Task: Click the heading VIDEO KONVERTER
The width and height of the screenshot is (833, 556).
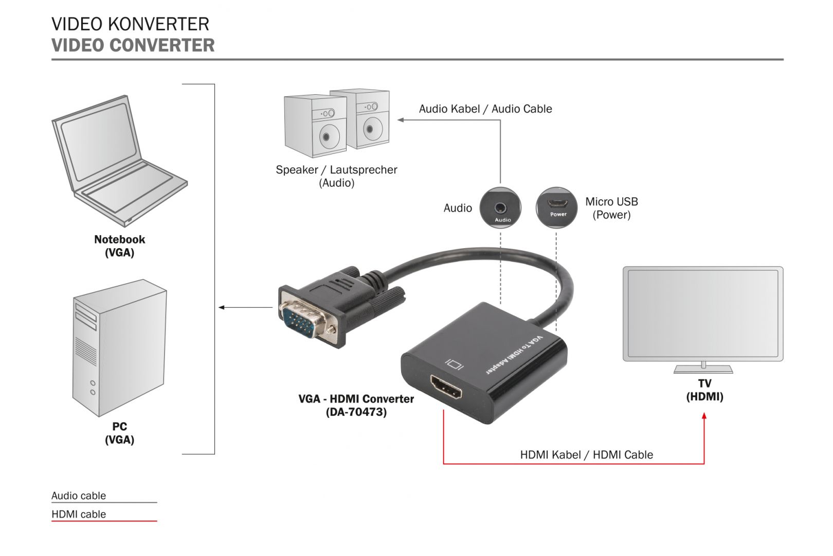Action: click(130, 24)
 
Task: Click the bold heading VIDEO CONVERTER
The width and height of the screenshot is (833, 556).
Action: click(133, 45)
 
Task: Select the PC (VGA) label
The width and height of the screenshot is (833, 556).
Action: click(119, 433)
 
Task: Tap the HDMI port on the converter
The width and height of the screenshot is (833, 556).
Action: click(446, 389)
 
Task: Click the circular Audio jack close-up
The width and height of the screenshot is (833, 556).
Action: click(500, 208)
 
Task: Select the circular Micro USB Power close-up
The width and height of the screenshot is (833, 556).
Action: click(557, 207)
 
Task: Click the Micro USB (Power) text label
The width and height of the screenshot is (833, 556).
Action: click(611, 208)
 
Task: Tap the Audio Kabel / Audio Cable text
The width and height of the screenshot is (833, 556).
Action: click(485, 109)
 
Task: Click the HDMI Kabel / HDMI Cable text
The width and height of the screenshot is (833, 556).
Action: click(587, 455)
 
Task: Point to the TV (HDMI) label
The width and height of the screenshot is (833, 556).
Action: click(704, 390)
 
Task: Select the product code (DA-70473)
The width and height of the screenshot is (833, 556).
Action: click(356, 412)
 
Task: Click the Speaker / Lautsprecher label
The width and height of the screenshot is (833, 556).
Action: click(336, 170)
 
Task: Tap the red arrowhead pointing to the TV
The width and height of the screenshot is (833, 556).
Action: click(704, 415)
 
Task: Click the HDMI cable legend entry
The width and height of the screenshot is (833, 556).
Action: click(79, 514)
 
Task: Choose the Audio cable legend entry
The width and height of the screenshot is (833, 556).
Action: click(79, 496)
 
